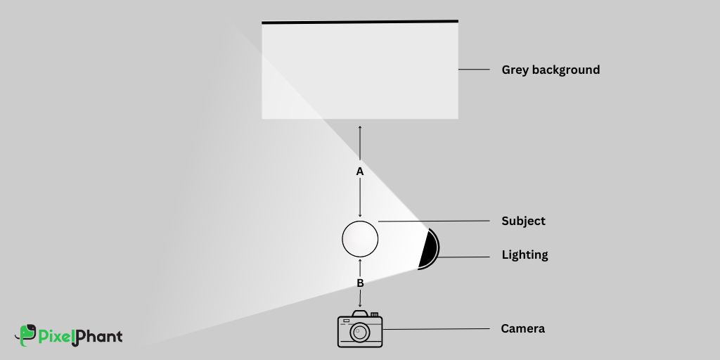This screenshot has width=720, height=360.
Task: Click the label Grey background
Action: [x=551, y=70]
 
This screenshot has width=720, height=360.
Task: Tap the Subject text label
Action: [x=523, y=221]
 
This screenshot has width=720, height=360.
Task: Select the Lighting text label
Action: [x=525, y=255]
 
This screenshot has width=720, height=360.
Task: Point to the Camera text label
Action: [x=522, y=328]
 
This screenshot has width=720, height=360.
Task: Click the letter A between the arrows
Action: [x=360, y=172]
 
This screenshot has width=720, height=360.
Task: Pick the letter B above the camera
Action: [x=360, y=283]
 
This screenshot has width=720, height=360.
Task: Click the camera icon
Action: [x=360, y=330]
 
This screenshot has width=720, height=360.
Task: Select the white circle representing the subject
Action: [x=360, y=239]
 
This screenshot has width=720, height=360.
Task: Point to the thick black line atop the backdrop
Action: [x=360, y=22]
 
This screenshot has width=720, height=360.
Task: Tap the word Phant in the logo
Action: [x=97, y=336]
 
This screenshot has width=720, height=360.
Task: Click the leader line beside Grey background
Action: [x=474, y=70]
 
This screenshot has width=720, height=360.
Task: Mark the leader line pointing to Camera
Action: [x=436, y=328]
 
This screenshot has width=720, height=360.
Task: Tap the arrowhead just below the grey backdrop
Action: [x=360, y=127]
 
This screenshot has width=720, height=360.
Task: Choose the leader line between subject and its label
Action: [x=433, y=221]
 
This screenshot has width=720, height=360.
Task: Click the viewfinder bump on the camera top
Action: [x=375, y=314]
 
